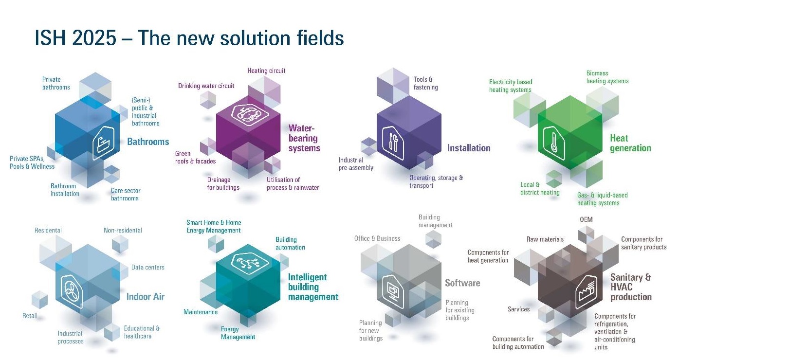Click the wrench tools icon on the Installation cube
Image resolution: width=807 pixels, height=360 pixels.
(393, 143)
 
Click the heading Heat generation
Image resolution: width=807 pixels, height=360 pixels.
(630, 143)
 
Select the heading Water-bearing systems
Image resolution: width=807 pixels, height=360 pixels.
(304, 138)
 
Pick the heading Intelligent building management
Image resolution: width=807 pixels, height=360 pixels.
(312, 287)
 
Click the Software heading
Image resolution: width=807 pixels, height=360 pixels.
(462, 283)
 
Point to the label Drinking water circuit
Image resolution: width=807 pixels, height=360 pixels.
(206, 86)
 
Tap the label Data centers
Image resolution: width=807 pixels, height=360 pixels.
(147, 268)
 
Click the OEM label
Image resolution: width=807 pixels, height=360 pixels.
(586, 220)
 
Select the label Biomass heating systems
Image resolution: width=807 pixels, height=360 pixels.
(607, 77)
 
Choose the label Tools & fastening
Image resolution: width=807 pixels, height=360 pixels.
(425, 83)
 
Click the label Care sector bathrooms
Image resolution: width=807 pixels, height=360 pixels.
(125, 194)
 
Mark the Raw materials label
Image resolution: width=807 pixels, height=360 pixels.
(545, 239)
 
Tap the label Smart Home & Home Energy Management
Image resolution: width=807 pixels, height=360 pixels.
(214, 226)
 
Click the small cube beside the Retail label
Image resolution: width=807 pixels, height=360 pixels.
(39, 300)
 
